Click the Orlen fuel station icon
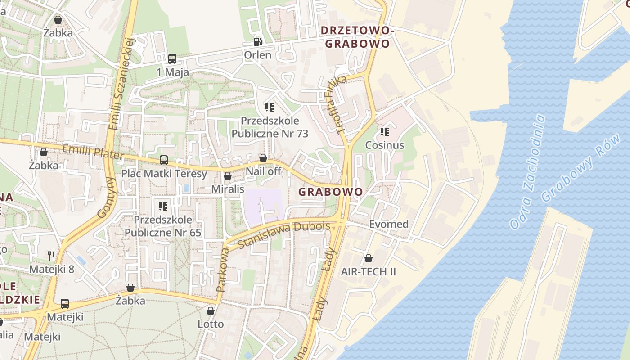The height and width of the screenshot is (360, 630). (x=257, y=42)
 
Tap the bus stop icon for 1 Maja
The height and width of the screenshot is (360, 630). (x=172, y=58)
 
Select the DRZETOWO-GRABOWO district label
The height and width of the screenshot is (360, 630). (x=357, y=37)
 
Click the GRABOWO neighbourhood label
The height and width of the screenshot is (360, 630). (x=331, y=192)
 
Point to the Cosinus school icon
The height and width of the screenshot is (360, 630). (x=384, y=132)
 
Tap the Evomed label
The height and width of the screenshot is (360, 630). (x=389, y=224)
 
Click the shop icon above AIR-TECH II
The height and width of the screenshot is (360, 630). (x=369, y=258)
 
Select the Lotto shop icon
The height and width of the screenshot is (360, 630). (x=210, y=310)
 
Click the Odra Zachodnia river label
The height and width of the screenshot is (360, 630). (x=528, y=171)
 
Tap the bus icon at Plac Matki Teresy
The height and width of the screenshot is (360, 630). (x=164, y=160)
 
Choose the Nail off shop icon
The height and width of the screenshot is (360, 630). (x=263, y=158)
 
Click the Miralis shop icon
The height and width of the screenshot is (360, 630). (x=228, y=176)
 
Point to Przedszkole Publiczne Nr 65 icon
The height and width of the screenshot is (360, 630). (x=163, y=207)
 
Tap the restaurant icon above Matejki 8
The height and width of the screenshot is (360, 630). (x=51, y=256)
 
